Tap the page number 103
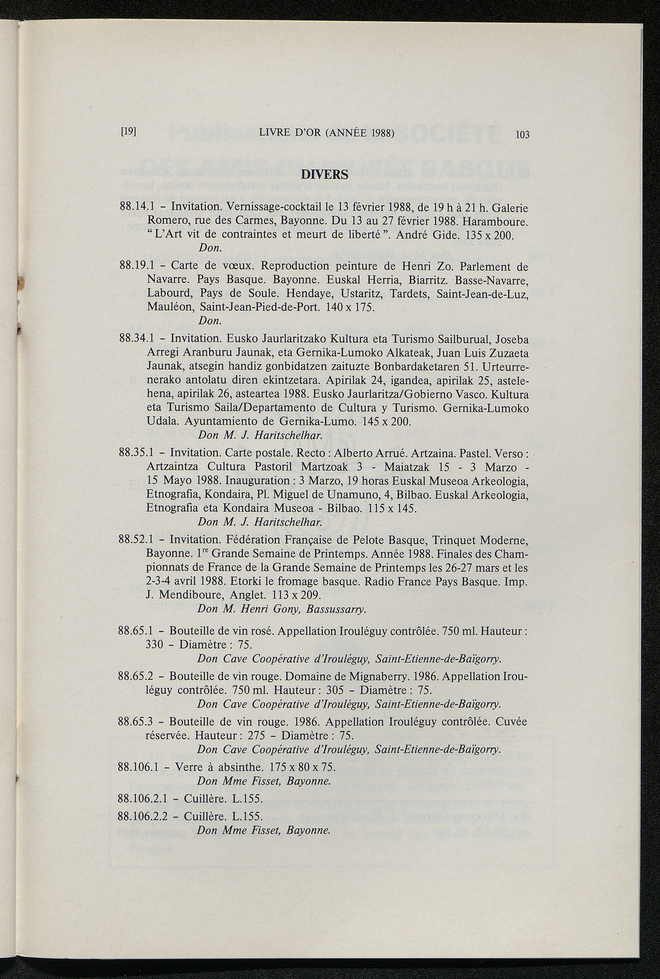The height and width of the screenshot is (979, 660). [x=522, y=135]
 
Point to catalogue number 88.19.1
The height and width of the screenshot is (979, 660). [x=135, y=266]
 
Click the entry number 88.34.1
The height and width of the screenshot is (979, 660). [x=135, y=338]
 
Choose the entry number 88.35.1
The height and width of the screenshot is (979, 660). [x=135, y=453]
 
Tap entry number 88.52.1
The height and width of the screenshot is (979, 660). [x=135, y=539]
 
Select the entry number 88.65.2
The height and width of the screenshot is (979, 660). [x=135, y=676]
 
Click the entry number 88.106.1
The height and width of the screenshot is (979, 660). [x=139, y=767]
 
